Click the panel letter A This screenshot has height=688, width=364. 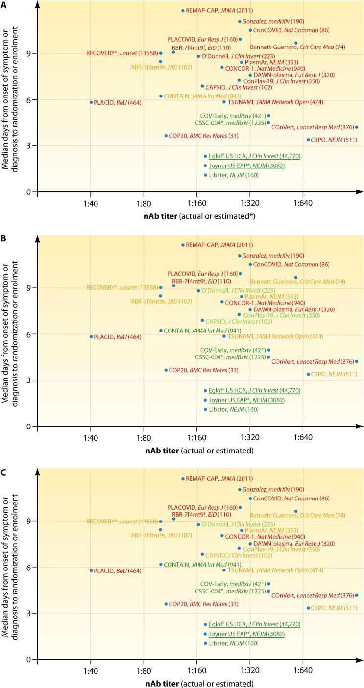(4, 4)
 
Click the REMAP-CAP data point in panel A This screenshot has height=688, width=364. (183, 10)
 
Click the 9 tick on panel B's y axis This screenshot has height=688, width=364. (30, 288)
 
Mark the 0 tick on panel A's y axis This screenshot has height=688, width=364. (30, 192)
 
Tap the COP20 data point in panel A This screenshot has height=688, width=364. (166, 136)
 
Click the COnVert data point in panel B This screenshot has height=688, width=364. (356, 361)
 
